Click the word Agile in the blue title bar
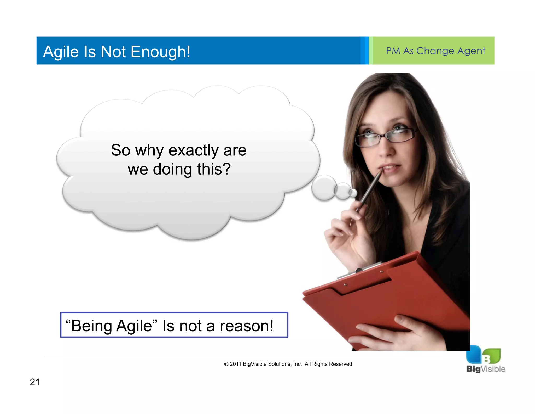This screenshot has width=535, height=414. [61, 52]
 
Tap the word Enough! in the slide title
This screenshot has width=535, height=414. [160, 52]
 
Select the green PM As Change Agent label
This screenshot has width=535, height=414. [435, 51]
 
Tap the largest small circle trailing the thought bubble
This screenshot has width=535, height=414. [324, 188]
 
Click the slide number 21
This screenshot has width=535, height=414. [35, 382]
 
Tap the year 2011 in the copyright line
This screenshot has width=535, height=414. [235, 364]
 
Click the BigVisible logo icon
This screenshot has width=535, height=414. [483, 355]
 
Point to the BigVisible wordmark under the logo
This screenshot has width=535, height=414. [486, 369]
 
